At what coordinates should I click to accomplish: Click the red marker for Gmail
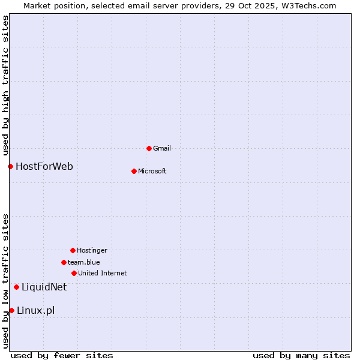click(x=149, y=148)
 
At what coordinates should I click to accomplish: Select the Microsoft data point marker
click(x=134, y=171)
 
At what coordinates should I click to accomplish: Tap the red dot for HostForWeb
click(x=10, y=166)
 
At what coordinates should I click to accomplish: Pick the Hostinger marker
click(x=73, y=250)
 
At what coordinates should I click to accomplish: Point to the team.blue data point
click(x=64, y=262)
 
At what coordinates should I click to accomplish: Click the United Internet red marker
click(x=74, y=273)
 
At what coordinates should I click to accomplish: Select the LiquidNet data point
click(x=16, y=287)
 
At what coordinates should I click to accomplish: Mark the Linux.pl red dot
click(x=11, y=310)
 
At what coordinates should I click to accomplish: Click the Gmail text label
click(x=162, y=148)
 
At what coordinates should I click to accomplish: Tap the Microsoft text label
click(x=152, y=171)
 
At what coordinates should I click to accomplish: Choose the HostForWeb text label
click(x=44, y=166)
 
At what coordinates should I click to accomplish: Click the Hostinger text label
click(x=92, y=250)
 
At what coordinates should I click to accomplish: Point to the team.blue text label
click(x=84, y=262)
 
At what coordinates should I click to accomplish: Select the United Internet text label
click(x=103, y=273)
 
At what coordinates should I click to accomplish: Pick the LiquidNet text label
click(x=44, y=287)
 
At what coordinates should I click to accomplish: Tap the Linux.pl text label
click(x=36, y=310)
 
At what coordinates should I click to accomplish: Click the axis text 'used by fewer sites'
click(x=62, y=355)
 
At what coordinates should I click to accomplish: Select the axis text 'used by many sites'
click(x=301, y=355)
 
